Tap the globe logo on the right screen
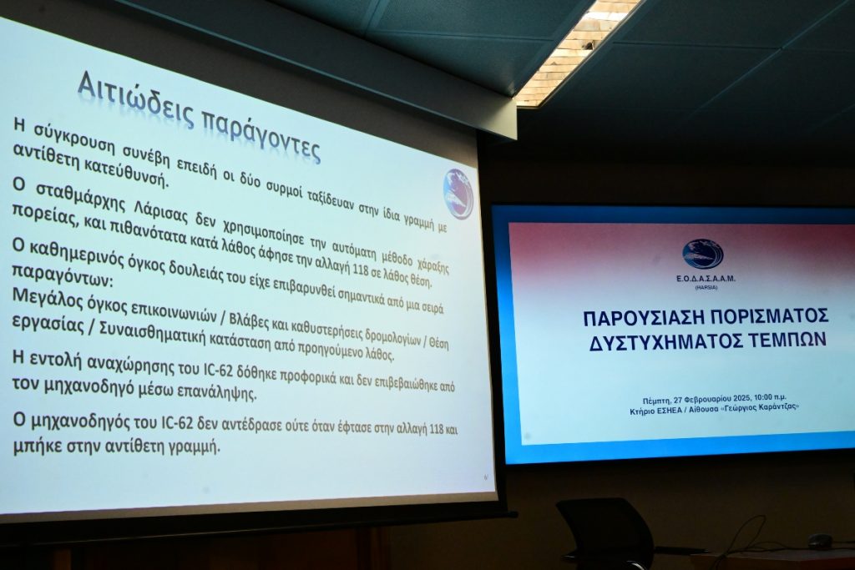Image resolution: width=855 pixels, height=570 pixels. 702,254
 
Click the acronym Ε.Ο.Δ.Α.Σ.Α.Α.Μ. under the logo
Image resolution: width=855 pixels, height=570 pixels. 702,278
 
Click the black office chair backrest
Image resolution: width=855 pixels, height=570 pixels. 605,530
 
